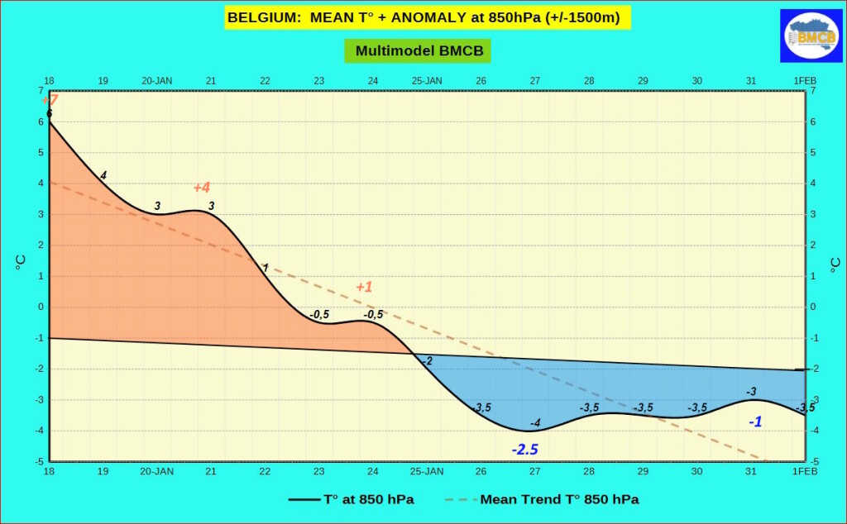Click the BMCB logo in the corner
pos(811,36)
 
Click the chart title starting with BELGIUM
pos(423,17)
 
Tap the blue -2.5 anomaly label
pos(524,450)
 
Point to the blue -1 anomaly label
pos(755,422)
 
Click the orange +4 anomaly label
pos(202,188)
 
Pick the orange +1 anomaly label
pos(364,288)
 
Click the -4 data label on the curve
pos(535,423)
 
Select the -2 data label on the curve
pos(427,361)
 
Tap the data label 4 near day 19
pos(103,175)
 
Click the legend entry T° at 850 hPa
pos(351,499)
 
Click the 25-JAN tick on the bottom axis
pos(427,471)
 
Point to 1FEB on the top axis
pos(805,81)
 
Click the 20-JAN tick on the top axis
pos(157,81)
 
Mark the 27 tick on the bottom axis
pos(535,471)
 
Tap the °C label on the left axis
pos(21,263)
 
